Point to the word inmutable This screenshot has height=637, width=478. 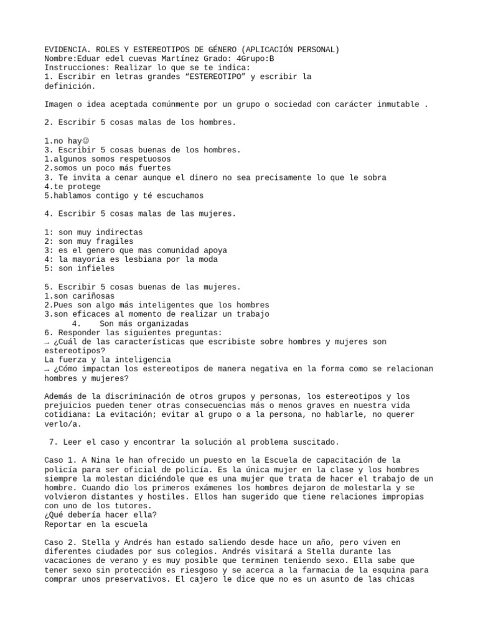click(397, 104)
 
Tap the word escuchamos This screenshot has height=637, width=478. click(177, 195)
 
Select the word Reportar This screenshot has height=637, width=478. click(64, 524)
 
